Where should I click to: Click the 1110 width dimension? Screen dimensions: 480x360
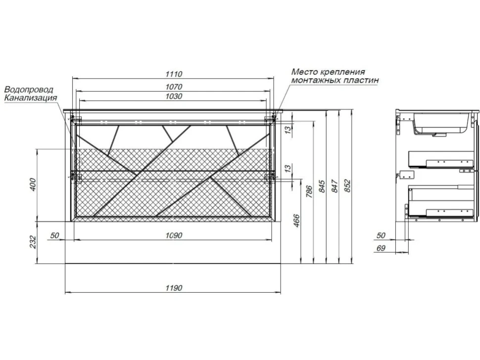tap(174, 74)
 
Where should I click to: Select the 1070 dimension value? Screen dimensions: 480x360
tap(174, 87)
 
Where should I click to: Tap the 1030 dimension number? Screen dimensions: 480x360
tap(174, 96)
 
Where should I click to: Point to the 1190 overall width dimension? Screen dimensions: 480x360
tap(174, 288)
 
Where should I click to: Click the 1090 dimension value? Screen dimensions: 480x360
tap(174, 235)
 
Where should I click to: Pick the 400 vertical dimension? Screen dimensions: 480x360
tap(33, 184)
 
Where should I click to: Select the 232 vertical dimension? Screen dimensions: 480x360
tap(33, 242)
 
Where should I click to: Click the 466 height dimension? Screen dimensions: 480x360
tap(296, 221)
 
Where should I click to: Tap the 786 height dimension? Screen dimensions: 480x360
tap(309, 192)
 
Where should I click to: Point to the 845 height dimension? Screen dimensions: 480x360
tap(322, 186)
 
